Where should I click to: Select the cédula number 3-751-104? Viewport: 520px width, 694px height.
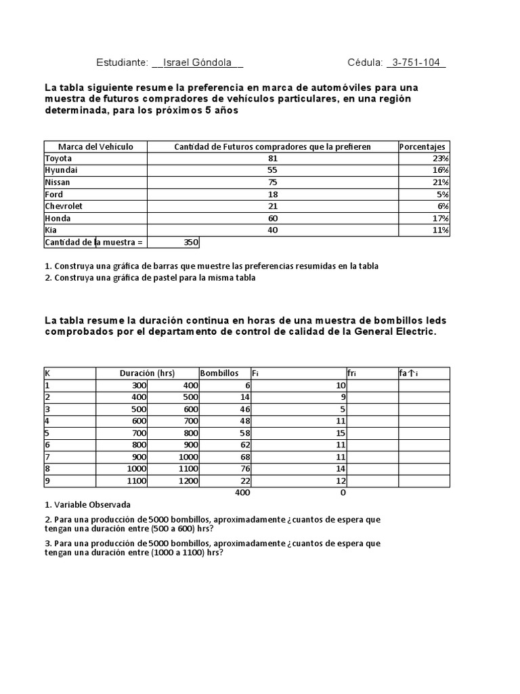point(416,62)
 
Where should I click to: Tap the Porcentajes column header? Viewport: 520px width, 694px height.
point(422,146)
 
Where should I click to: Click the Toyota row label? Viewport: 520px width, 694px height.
point(58,159)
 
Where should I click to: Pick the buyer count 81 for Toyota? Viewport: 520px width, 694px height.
point(273,159)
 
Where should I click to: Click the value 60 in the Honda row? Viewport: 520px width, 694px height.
point(273,218)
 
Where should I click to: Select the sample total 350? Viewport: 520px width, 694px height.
point(191,242)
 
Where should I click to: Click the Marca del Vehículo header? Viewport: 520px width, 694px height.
point(95,146)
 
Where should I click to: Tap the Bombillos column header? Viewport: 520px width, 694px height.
point(219,373)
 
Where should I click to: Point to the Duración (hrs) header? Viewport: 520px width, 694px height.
point(147,373)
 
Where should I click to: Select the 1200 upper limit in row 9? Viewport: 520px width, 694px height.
point(187,481)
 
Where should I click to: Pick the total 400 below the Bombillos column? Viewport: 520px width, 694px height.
point(242,493)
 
